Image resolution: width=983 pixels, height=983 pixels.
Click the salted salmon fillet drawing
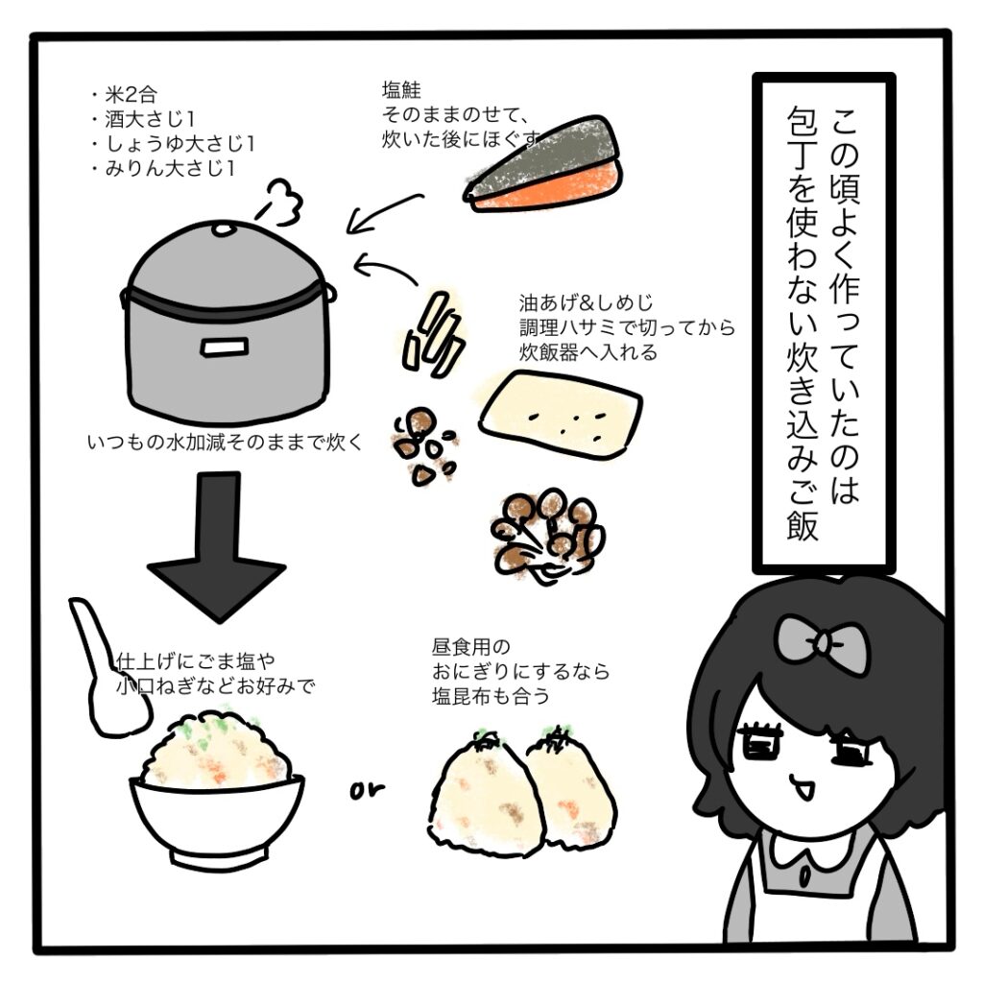click(x=544, y=165)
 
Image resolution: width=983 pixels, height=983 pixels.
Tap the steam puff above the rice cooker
click(x=281, y=202)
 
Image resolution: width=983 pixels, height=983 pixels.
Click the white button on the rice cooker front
click(x=224, y=347)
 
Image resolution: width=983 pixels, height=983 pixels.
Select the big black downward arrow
click(x=216, y=545)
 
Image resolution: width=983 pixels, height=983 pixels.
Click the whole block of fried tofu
click(x=561, y=414)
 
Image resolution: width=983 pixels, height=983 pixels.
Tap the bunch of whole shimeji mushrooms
click(x=546, y=537)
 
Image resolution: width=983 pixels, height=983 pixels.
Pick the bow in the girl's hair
click(x=822, y=640)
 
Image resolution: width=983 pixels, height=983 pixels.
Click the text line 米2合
click(x=130, y=95)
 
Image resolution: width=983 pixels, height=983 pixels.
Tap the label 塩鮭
click(x=401, y=89)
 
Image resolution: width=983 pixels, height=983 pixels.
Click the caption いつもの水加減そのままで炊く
click(x=225, y=442)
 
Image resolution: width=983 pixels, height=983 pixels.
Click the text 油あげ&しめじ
click(x=586, y=302)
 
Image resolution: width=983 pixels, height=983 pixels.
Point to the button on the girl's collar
click(x=806, y=874)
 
